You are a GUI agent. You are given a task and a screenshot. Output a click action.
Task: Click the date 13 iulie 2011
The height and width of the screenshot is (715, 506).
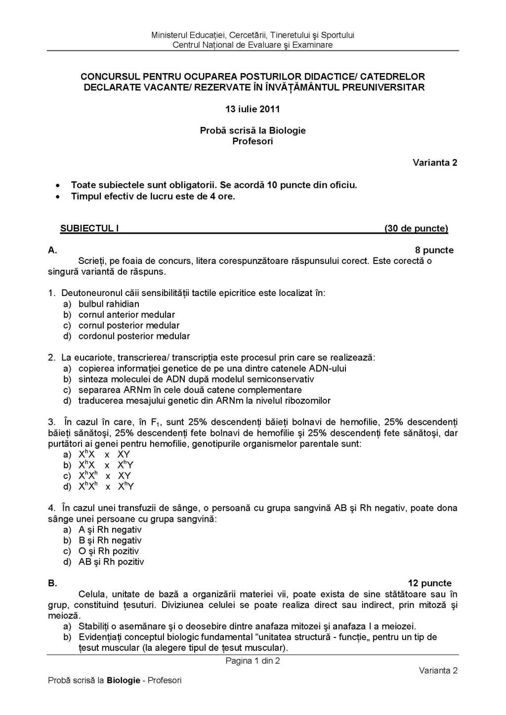[x=253, y=109]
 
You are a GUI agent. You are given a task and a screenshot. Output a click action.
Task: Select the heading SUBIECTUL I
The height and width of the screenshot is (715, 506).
[x=89, y=228]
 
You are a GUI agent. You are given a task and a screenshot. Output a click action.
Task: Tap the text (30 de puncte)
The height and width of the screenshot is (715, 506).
[x=416, y=228]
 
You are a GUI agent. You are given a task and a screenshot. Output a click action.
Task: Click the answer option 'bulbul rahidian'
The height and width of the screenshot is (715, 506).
[x=109, y=304]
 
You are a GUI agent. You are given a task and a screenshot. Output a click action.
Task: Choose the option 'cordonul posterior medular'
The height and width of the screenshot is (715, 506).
[x=134, y=336]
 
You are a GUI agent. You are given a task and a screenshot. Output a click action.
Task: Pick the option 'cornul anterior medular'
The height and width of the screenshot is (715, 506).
[x=126, y=315]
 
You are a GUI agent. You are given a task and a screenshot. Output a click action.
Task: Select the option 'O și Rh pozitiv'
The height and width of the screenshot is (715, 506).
[x=109, y=551]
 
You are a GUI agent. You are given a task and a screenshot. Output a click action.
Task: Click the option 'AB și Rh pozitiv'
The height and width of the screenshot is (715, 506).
[x=111, y=562]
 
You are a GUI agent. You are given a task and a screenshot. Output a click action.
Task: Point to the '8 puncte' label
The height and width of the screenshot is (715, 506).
[x=434, y=250]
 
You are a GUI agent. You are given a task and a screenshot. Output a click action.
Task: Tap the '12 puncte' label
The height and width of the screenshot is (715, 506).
[x=429, y=583]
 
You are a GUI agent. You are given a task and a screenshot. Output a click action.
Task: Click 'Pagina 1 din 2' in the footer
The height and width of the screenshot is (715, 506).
[x=253, y=661]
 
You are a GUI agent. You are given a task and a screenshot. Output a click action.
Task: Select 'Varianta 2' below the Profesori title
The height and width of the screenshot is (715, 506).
[x=435, y=163]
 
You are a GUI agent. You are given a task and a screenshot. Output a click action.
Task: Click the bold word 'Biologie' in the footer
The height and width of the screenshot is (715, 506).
[x=124, y=680]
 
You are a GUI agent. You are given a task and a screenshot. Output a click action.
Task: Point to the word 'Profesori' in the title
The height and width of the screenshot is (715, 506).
[x=253, y=141]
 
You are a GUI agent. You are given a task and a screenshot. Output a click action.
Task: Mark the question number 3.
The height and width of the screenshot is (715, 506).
[x=51, y=422]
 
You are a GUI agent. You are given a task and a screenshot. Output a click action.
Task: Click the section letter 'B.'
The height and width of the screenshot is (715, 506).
[x=52, y=583]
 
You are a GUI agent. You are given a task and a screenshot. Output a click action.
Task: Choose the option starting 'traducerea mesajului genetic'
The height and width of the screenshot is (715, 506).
[x=204, y=401]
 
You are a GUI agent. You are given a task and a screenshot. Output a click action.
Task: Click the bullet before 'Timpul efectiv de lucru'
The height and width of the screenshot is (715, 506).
[x=58, y=197]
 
